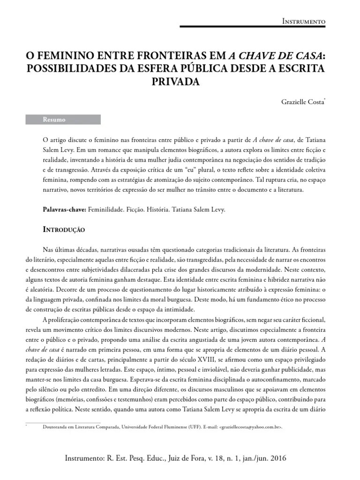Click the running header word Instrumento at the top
click(305, 22)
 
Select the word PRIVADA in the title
click(176, 81)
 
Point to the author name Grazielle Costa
click(302, 101)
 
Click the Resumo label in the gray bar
click(54, 120)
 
